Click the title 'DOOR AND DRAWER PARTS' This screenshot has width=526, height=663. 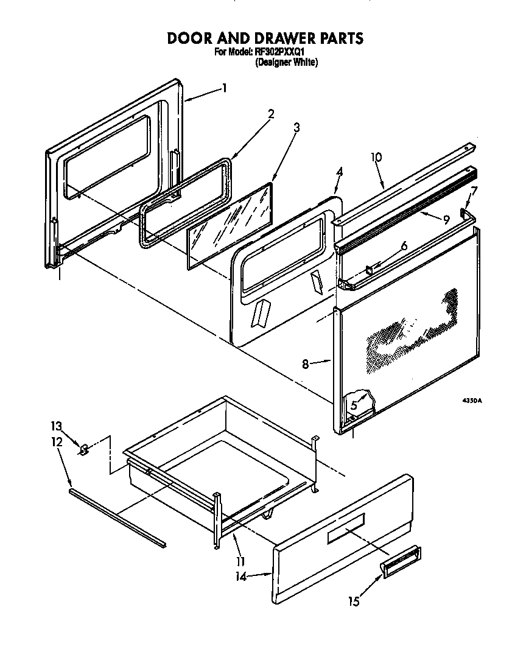coord(265,38)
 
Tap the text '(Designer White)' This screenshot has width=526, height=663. coord(286,62)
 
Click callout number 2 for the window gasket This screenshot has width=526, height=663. coord(271,113)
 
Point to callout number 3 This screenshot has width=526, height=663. coord(296,127)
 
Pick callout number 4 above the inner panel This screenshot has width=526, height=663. coord(339,172)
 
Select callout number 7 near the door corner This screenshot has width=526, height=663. coord(474,191)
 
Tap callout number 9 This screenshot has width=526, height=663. coord(446,219)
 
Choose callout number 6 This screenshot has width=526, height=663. coord(403,246)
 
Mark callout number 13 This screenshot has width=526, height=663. coord(57,426)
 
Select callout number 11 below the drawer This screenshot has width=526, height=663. coord(240,561)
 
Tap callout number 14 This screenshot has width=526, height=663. coord(242,577)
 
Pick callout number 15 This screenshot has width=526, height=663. coord(354,602)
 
